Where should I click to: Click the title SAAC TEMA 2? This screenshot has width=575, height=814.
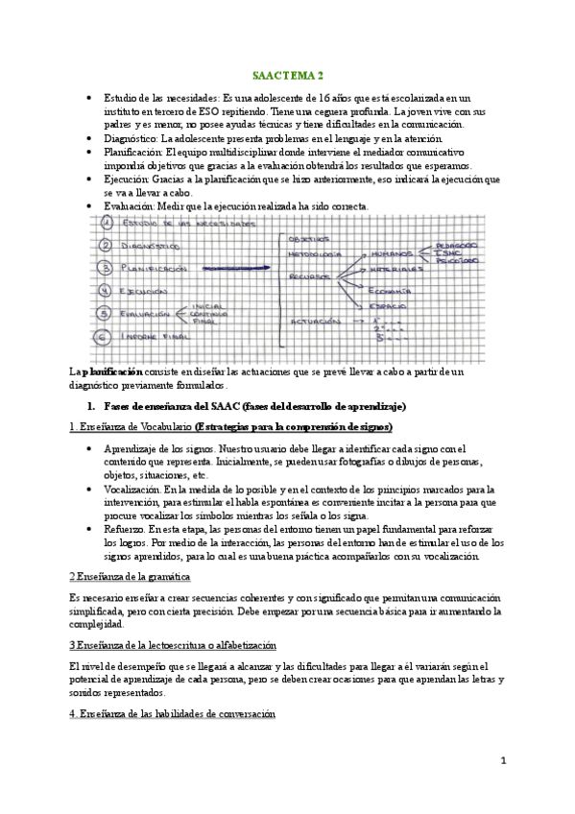(287, 74)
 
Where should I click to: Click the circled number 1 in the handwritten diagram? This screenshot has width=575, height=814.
(108, 224)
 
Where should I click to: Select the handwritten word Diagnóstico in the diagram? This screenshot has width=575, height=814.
(156, 246)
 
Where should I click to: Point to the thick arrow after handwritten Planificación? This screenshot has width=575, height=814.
(231, 269)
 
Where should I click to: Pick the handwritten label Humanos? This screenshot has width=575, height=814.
(392, 253)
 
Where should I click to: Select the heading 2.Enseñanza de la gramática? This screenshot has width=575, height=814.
(130, 576)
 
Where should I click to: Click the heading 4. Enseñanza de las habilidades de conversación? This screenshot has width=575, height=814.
(173, 715)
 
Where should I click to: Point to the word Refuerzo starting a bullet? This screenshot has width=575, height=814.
(124, 530)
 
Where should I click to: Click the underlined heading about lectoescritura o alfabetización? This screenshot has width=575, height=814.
(173, 645)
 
